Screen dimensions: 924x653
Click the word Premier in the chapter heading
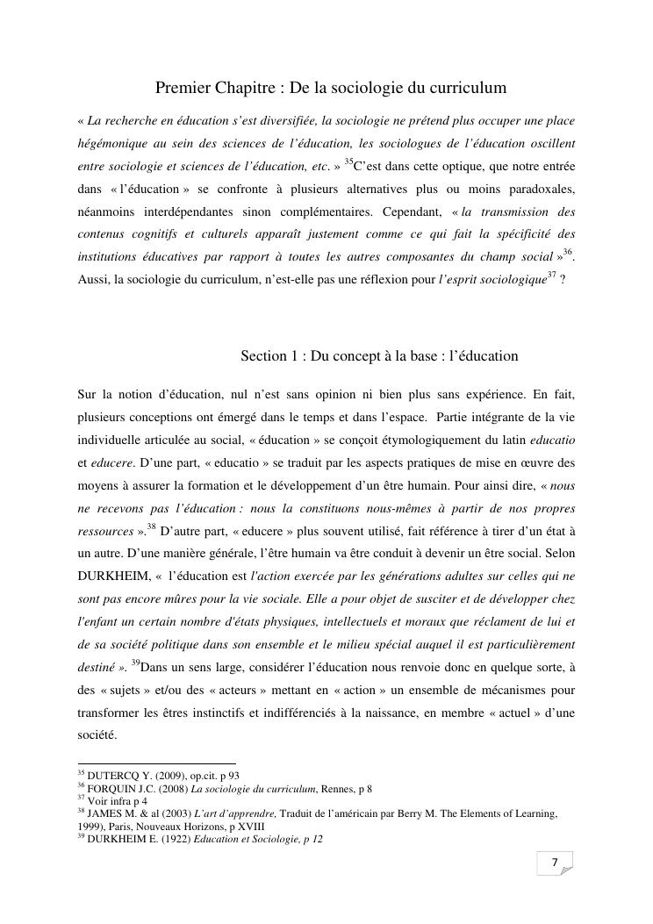pos(181,88)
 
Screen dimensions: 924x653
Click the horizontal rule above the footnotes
pos(157,763)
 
